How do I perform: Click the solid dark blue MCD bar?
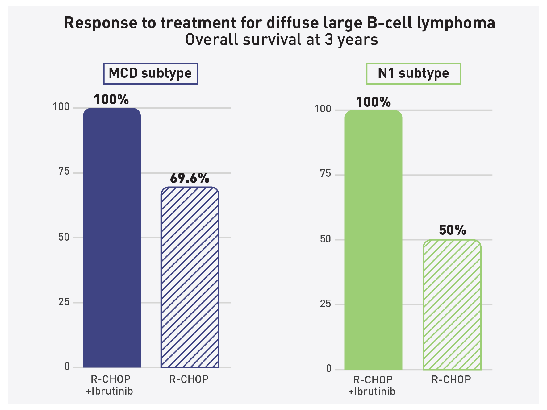click(x=112, y=238)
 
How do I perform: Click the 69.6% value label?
click(x=190, y=178)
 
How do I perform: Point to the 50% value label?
click(x=452, y=230)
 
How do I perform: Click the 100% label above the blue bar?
click(x=111, y=100)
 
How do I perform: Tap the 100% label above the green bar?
click(x=373, y=102)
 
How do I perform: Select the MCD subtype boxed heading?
click(x=150, y=73)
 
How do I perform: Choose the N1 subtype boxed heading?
click(x=413, y=73)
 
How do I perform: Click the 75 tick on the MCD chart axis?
click(x=64, y=172)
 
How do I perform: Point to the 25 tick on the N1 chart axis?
click(x=325, y=304)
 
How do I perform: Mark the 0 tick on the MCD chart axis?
click(x=67, y=367)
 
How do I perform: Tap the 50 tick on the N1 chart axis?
click(x=325, y=239)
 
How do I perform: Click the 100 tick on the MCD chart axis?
click(x=61, y=107)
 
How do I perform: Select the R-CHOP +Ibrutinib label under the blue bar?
click(x=110, y=385)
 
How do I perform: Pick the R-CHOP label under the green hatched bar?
click(x=451, y=379)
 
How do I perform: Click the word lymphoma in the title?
click(x=456, y=23)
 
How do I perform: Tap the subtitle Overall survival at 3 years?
click(x=281, y=40)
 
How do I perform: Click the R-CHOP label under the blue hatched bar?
click(x=189, y=379)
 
